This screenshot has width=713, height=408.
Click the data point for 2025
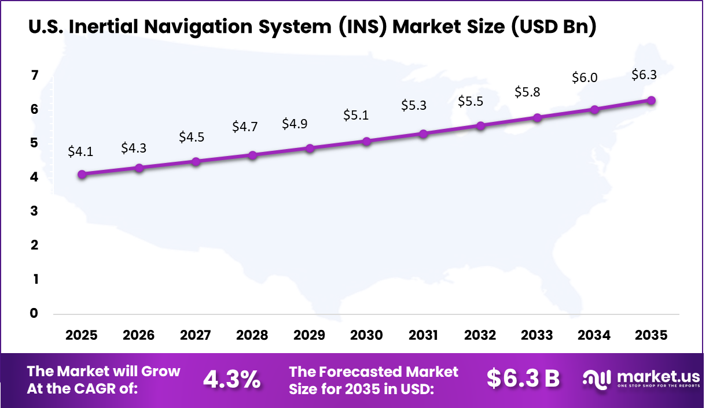point(82,174)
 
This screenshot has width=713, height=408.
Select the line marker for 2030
point(366,141)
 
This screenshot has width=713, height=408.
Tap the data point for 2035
point(651,100)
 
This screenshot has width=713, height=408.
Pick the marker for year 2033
point(537,118)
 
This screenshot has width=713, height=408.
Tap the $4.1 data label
point(80,151)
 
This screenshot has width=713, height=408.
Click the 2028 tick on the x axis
point(252,336)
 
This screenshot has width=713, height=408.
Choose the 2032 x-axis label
point(480,336)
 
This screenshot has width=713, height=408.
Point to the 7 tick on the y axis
point(34,75)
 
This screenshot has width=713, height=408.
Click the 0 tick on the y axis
point(34,313)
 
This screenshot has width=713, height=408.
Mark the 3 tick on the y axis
point(34,211)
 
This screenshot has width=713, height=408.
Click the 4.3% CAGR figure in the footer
point(231,379)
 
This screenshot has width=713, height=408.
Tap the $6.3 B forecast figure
point(523,378)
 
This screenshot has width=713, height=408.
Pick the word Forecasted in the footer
point(362,372)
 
